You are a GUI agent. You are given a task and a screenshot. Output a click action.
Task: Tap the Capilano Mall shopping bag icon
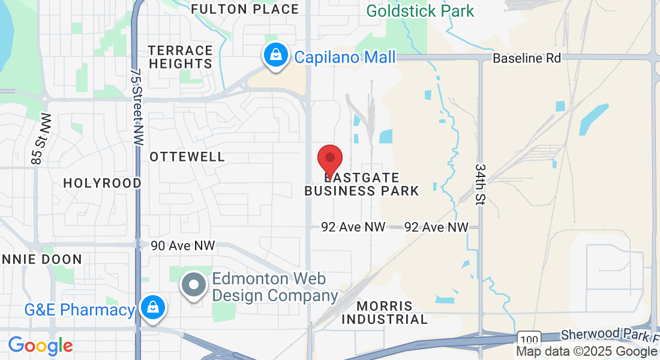(275, 55)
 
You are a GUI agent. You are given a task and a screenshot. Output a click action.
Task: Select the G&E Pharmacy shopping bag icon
(153, 308)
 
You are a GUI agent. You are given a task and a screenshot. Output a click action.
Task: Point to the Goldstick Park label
(420, 11)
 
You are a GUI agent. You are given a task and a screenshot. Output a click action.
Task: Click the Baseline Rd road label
(526, 58)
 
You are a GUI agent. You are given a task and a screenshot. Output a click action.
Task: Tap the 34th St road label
(480, 184)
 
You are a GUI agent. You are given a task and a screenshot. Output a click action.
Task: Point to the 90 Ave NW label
(182, 245)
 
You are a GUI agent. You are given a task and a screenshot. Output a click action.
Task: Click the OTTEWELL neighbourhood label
(187, 157)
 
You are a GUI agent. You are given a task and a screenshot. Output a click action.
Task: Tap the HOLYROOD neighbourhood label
(102, 183)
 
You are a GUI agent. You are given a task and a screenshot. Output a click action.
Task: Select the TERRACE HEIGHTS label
(181, 57)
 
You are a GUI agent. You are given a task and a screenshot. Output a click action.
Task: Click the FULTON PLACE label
(245, 9)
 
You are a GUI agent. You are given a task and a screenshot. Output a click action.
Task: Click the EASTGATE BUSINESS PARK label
(361, 184)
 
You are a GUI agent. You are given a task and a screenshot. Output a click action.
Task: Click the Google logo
(40, 346)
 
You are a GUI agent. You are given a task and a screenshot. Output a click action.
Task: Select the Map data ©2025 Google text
(586, 352)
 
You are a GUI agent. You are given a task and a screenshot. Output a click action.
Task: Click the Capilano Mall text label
(344, 58)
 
